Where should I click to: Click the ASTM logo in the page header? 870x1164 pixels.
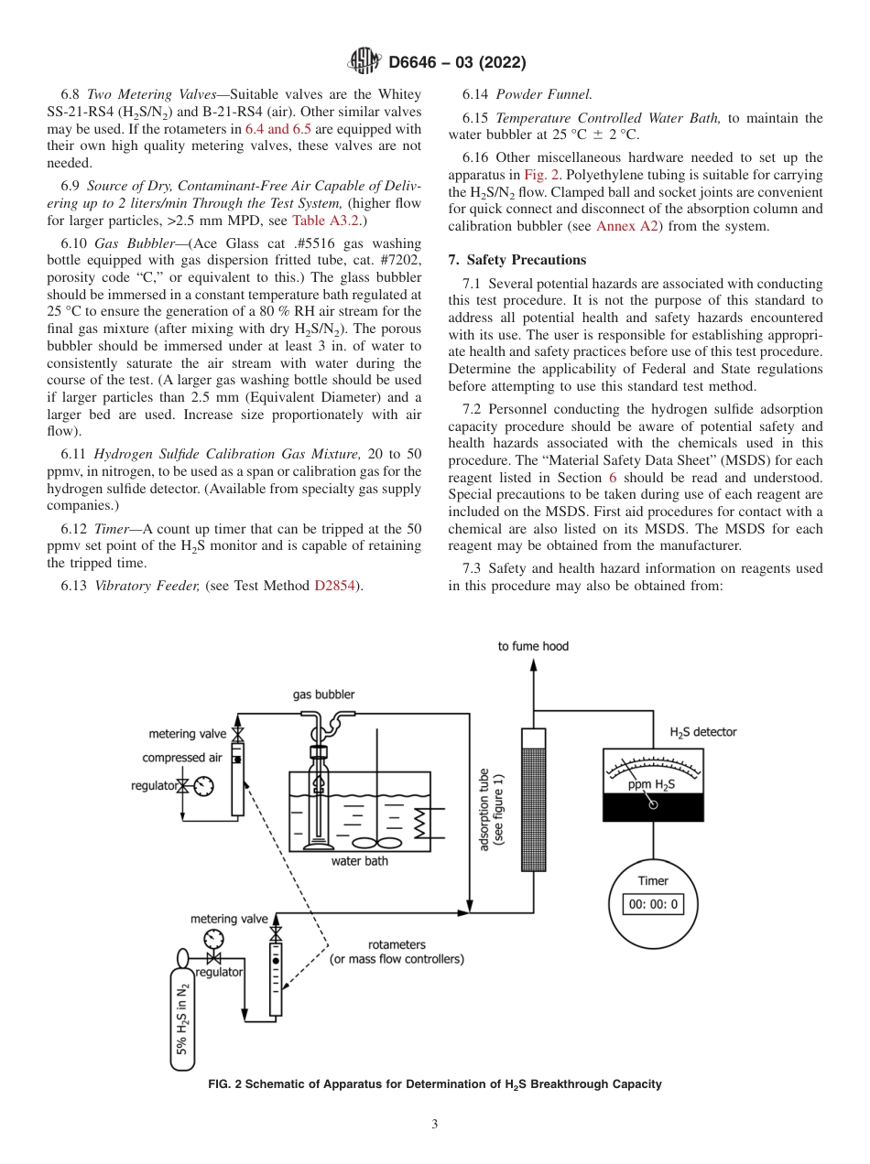(364, 62)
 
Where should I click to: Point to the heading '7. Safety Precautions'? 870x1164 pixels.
(517, 260)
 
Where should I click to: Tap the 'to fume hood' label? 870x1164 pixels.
(533, 646)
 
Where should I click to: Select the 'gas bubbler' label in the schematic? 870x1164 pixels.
(323, 695)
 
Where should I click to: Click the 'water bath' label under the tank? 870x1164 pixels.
(359, 860)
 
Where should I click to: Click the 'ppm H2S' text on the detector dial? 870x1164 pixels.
(652, 784)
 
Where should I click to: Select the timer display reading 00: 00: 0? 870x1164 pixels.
(653, 905)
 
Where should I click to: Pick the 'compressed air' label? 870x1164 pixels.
(181, 758)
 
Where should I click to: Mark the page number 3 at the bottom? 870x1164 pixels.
(435, 1124)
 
